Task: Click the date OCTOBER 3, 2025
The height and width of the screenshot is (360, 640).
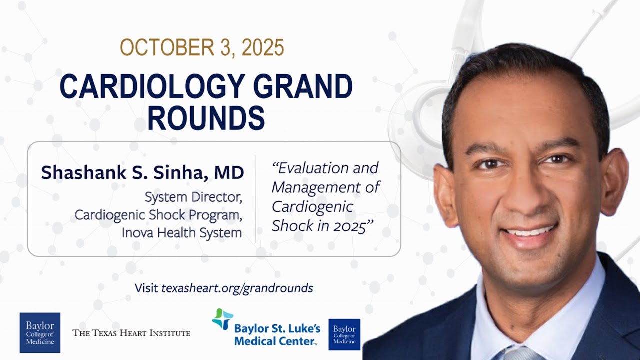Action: pos(202,48)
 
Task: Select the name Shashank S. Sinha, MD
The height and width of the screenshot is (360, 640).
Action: pos(142,173)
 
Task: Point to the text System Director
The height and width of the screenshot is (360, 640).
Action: pos(193,197)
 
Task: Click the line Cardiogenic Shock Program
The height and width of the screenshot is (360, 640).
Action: pos(158,215)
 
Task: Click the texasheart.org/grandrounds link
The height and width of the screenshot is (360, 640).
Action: pos(237,288)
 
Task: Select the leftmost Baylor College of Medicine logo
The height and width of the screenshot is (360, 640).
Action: pos(40,332)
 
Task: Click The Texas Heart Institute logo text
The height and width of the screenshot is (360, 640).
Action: pos(131,333)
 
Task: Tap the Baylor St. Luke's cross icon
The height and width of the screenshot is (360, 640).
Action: pos(222,319)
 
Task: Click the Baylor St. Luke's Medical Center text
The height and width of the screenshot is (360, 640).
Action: pos(277,335)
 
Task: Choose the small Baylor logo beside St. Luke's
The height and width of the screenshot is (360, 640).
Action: pos(344,334)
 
